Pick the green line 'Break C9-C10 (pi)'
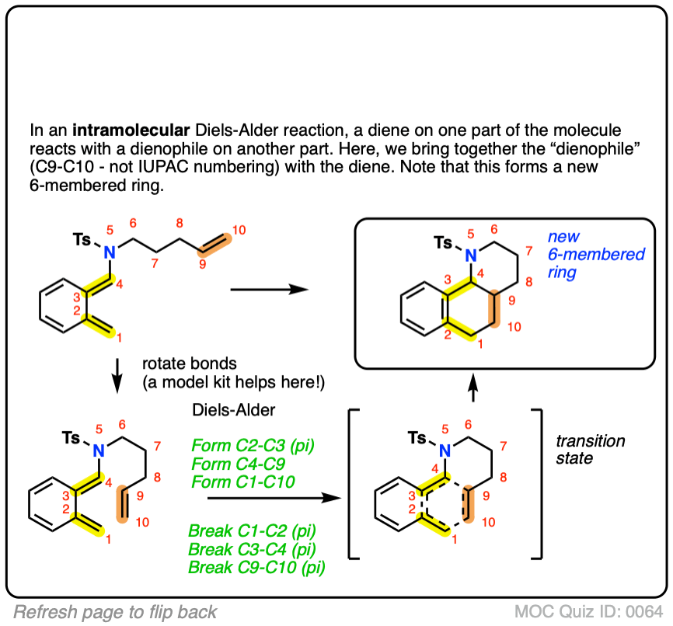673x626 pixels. (x=256, y=568)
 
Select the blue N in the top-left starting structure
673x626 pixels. (x=110, y=251)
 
